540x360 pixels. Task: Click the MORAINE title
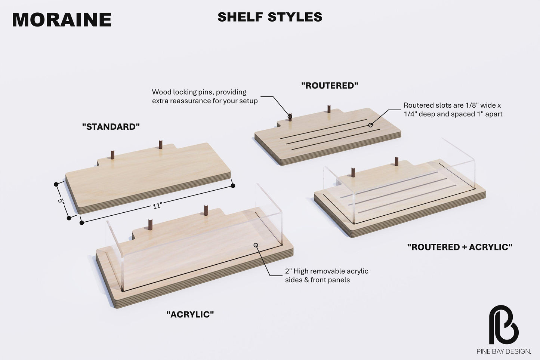click(62, 19)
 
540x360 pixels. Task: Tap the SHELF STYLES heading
click(270, 17)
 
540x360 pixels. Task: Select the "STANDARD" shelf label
click(111, 127)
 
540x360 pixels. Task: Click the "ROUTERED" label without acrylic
click(330, 85)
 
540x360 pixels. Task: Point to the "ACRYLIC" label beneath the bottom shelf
click(190, 314)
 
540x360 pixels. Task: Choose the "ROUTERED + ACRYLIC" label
click(460, 247)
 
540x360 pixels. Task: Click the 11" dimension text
click(157, 206)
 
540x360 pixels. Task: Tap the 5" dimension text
click(61, 201)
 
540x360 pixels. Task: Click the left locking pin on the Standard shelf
click(112, 154)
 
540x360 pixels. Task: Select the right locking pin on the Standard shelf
click(161, 144)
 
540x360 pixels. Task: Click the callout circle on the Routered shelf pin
click(290, 117)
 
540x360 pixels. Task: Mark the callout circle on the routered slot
click(371, 125)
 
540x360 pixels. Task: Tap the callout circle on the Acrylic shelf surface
click(256, 245)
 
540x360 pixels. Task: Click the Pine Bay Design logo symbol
click(504, 324)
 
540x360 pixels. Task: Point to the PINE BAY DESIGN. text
click(504, 351)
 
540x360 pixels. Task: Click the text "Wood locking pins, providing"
click(199, 92)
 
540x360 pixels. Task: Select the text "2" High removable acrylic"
click(327, 271)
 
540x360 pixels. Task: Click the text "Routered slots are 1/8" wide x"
click(452, 105)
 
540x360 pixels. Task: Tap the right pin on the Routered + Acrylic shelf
click(396, 161)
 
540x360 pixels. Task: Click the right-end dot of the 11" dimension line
click(233, 186)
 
